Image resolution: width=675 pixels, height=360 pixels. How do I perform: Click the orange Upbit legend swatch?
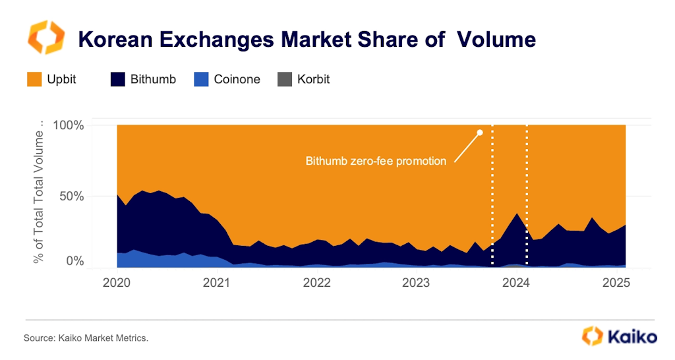click(x=34, y=79)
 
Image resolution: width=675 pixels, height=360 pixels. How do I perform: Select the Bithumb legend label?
click(x=153, y=79)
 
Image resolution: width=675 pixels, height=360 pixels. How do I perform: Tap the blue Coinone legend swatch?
click(x=202, y=79)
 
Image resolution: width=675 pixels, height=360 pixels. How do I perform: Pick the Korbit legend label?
click(x=313, y=79)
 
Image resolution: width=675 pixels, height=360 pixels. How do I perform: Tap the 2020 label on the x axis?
click(x=117, y=283)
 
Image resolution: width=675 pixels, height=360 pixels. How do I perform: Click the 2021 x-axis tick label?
click(x=216, y=283)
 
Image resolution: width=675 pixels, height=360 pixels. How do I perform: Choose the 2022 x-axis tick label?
click(x=316, y=283)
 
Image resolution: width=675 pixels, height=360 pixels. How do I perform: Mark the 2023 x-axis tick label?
click(x=417, y=283)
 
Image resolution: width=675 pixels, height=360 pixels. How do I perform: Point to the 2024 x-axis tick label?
click(x=517, y=283)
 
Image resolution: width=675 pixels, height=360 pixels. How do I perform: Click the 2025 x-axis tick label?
click(x=617, y=283)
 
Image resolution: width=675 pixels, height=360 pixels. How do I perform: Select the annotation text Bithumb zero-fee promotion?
click(x=376, y=161)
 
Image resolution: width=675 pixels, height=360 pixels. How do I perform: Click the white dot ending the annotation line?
click(x=480, y=133)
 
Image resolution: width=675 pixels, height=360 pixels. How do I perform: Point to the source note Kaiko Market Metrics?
click(x=86, y=338)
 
